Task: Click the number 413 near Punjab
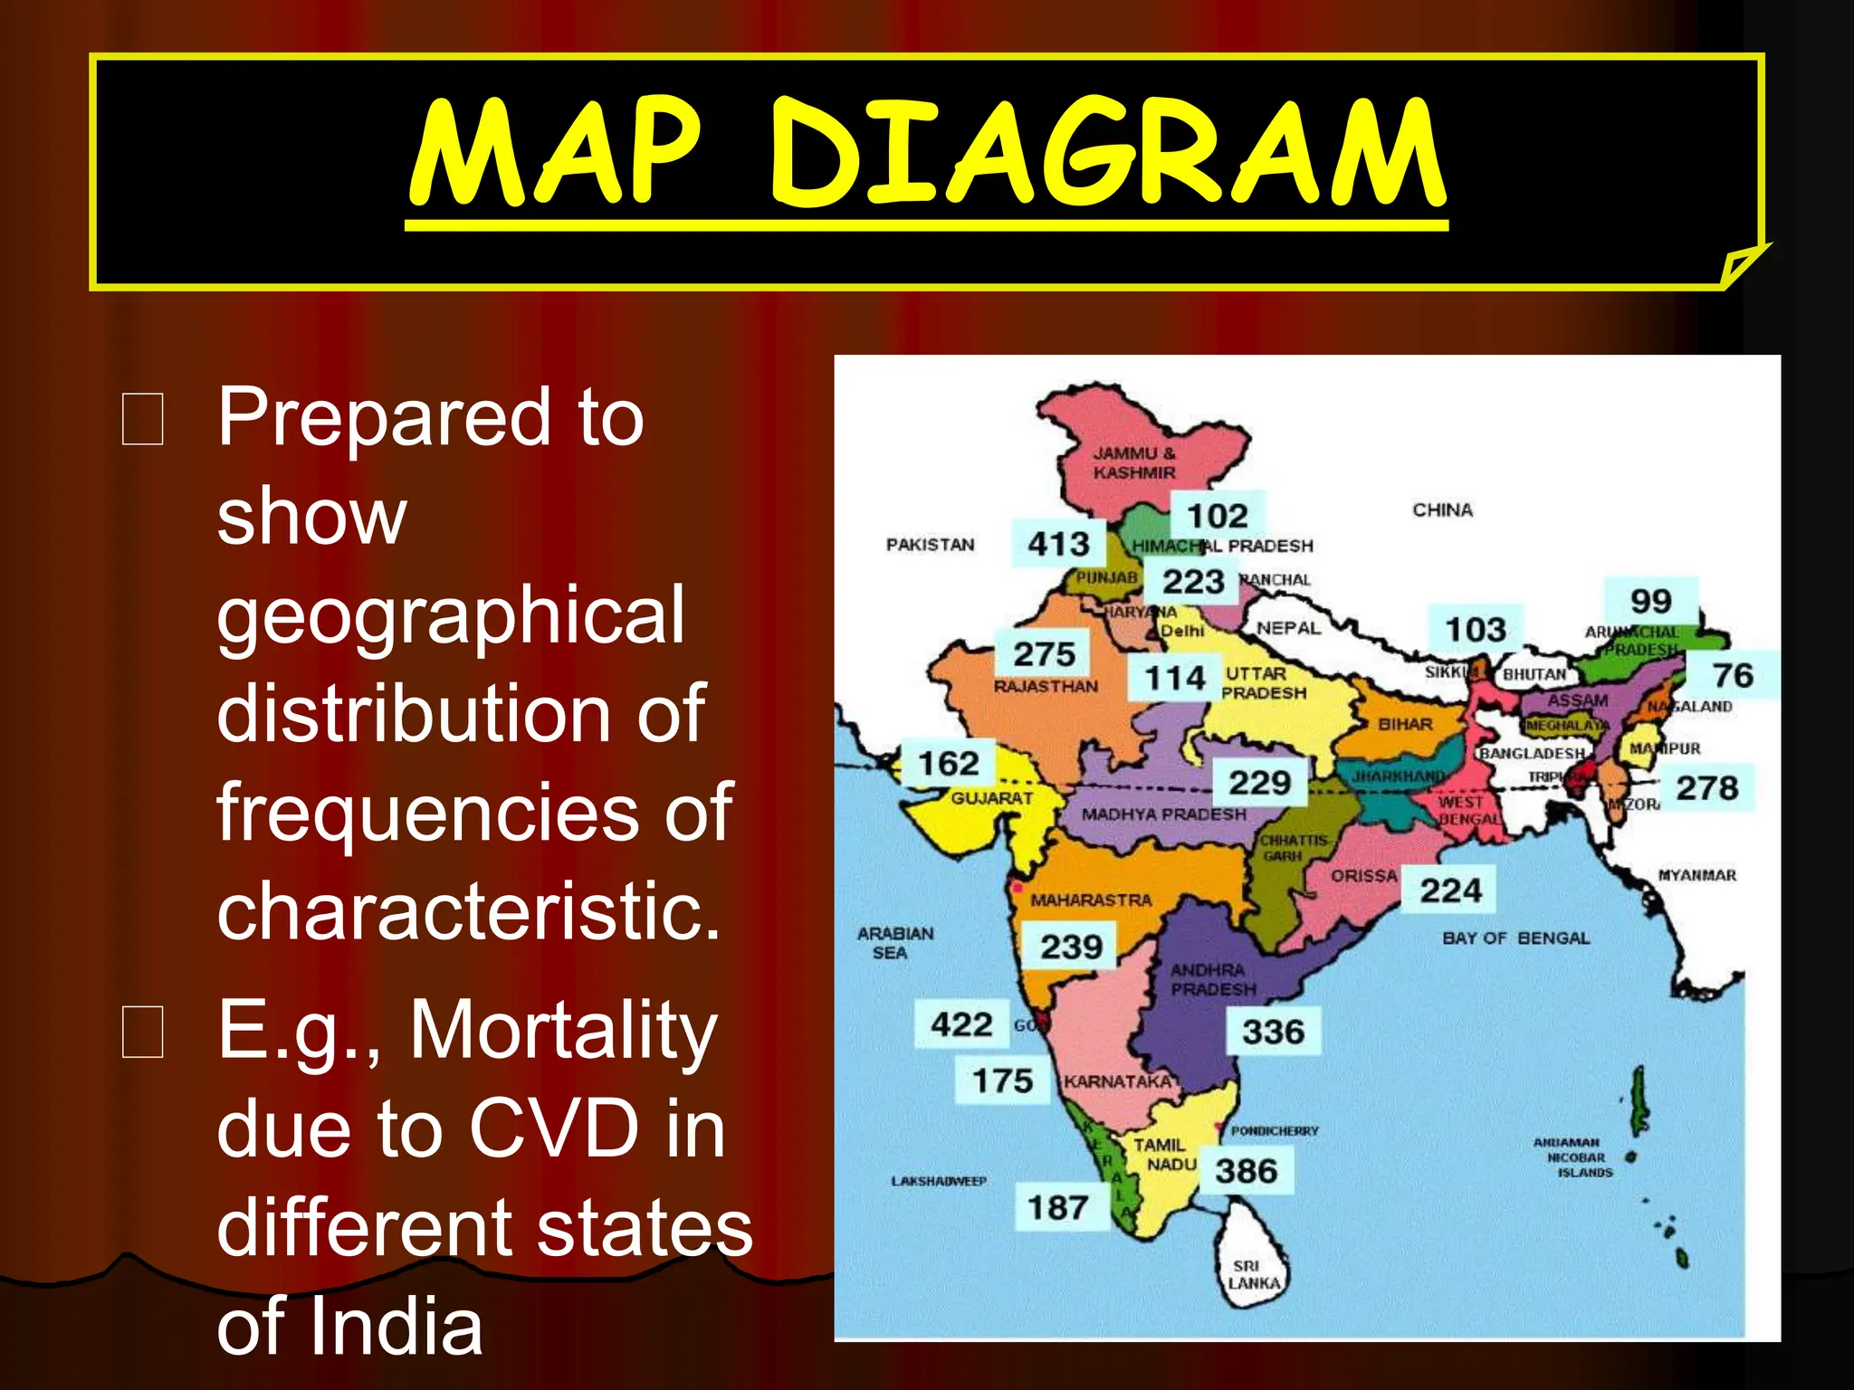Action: (x=1058, y=544)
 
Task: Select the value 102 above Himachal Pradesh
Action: (x=1217, y=516)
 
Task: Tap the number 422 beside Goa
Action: (x=961, y=1024)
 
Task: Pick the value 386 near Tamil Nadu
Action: (x=1246, y=1171)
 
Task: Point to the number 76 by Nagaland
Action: (x=1733, y=675)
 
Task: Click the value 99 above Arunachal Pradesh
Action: (x=1650, y=601)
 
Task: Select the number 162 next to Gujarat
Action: (x=948, y=763)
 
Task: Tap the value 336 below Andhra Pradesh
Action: (x=1273, y=1032)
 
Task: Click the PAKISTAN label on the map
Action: (x=930, y=545)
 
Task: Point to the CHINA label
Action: (x=1442, y=510)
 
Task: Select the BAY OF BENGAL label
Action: (x=1515, y=938)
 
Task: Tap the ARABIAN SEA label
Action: (x=894, y=943)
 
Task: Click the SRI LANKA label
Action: (x=1253, y=1275)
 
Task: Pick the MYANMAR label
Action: (x=1696, y=875)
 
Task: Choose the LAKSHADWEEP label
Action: (x=939, y=1181)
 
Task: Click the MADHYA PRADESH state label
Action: (x=1163, y=814)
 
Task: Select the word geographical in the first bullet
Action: (x=450, y=615)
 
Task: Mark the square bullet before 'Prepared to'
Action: (x=143, y=420)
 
